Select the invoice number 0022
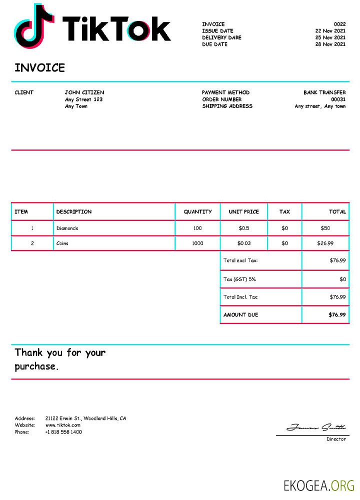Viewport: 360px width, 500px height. (339, 24)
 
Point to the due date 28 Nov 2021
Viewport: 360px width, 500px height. (330, 44)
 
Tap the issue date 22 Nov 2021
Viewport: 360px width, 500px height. (330, 31)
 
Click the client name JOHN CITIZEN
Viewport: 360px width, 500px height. (84, 92)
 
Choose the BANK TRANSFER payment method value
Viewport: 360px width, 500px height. (324, 92)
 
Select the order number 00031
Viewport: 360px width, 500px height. (338, 99)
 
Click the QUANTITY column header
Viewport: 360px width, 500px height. (197, 212)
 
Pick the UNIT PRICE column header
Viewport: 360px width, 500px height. (244, 212)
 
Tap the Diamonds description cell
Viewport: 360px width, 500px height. (67, 228)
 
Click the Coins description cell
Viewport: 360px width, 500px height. (62, 243)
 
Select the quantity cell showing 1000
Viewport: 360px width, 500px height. (197, 243)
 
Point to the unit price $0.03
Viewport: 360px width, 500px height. (244, 243)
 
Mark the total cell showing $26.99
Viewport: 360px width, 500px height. (325, 243)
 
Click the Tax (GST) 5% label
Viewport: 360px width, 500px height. (239, 279)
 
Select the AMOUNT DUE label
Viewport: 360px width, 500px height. (241, 315)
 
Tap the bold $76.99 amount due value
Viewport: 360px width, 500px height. (337, 315)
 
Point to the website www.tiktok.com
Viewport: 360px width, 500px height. (63, 425)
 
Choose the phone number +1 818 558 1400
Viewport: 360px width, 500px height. (63, 432)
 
